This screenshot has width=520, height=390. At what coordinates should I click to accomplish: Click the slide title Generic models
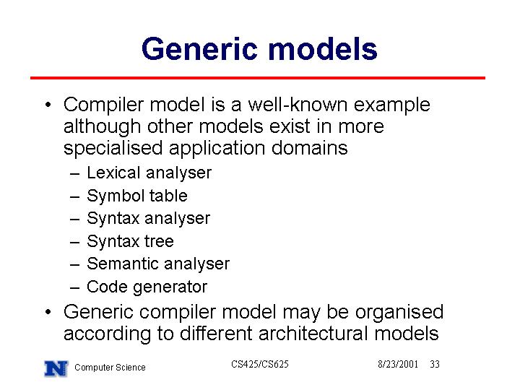pos(259,50)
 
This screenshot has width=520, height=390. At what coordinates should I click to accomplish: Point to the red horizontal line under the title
pos(258,78)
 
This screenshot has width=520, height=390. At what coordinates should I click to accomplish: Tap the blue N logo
pos(56,368)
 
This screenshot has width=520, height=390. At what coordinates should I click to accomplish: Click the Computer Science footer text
pos(110,368)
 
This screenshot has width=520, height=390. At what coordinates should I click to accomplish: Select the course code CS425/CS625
pos(260,364)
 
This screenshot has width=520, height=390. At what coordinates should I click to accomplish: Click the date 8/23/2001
pos(398,364)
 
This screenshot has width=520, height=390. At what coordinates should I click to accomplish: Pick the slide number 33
pos(435,364)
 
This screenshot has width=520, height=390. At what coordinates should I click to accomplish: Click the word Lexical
pos(114,173)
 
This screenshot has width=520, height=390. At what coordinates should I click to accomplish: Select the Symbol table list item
pos(137,196)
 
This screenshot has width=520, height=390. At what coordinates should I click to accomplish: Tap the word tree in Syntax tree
pos(159,241)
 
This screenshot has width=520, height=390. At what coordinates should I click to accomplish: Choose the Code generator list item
pos(147,287)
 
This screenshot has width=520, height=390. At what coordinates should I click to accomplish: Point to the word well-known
pos(298,105)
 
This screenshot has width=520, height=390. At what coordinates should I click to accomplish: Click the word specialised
pos(113,148)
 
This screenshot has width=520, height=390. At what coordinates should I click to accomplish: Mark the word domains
pos(309,147)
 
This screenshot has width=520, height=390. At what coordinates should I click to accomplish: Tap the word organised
pos(399,313)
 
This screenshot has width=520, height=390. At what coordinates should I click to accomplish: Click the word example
pos(392,105)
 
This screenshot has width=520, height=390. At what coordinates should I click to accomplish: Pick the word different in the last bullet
pos(216,333)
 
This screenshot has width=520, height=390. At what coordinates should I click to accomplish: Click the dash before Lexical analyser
pos(75,173)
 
